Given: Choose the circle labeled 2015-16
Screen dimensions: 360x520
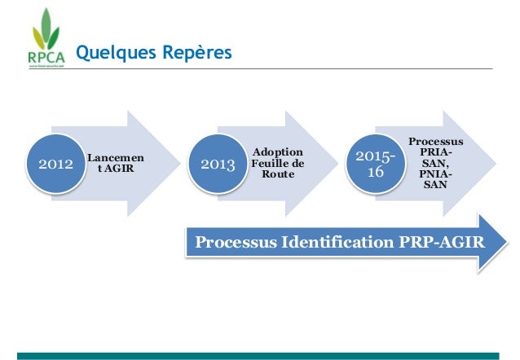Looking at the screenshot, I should pyautogui.click(x=377, y=165).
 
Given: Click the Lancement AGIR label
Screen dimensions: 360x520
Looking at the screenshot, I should pyautogui.click(x=111, y=162).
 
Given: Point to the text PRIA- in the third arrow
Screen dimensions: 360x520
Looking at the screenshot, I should pyautogui.click(x=434, y=152).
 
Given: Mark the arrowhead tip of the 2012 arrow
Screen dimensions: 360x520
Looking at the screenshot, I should pyautogui.click(x=178, y=164).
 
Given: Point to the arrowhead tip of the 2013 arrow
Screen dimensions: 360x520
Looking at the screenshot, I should pyautogui.click(x=337, y=164).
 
